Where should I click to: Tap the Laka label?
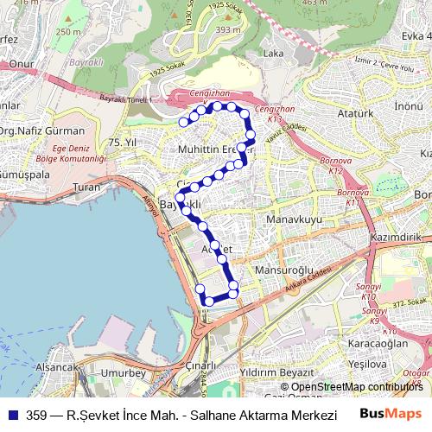click(273, 54)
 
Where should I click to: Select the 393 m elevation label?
click(227, 29)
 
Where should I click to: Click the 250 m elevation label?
click(68, 32)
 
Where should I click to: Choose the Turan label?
click(87, 187)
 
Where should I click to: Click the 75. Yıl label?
click(124, 142)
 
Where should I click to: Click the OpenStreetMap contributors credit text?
click(351, 387)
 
